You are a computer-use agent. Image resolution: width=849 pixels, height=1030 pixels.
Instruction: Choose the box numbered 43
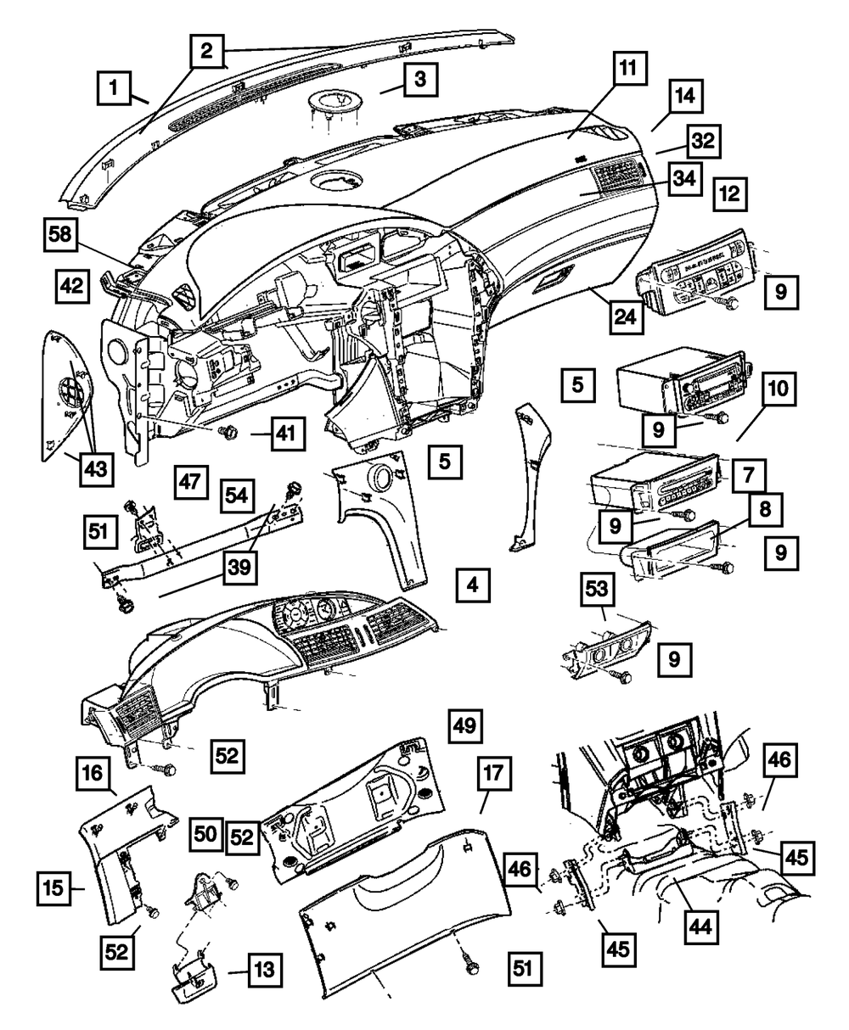(x=96, y=466)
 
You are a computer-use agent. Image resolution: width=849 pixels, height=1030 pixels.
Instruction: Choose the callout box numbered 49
(x=468, y=727)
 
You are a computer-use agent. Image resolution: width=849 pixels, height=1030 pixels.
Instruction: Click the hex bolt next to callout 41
(x=228, y=433)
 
